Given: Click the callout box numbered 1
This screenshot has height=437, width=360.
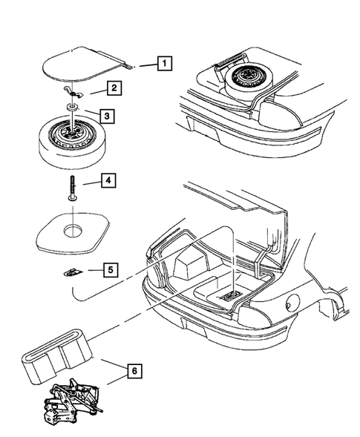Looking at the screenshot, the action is click(165, 63).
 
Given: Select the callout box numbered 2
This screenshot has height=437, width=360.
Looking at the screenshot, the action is click(114, 88).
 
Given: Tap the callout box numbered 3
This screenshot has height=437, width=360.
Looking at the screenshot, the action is click(107, 116).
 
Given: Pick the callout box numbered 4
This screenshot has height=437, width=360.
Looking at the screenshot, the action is click(108, 180).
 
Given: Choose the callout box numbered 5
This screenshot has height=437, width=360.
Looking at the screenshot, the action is click(111, 270).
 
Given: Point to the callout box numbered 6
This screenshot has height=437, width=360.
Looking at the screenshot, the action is click(134, 371).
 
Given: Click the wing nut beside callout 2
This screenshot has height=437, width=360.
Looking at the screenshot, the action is click(73, 93).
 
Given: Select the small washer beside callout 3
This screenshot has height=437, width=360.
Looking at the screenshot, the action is click(72, 108).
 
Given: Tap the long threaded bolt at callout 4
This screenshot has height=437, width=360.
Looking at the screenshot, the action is click(73, 188).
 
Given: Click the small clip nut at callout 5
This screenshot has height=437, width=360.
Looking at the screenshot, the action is click(73, 272).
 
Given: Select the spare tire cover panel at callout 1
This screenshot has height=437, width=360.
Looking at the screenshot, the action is click(84, 64).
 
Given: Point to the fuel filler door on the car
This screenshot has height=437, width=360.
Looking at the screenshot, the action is click(292, 303).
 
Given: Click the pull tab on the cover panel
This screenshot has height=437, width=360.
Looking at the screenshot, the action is click(129, 66).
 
